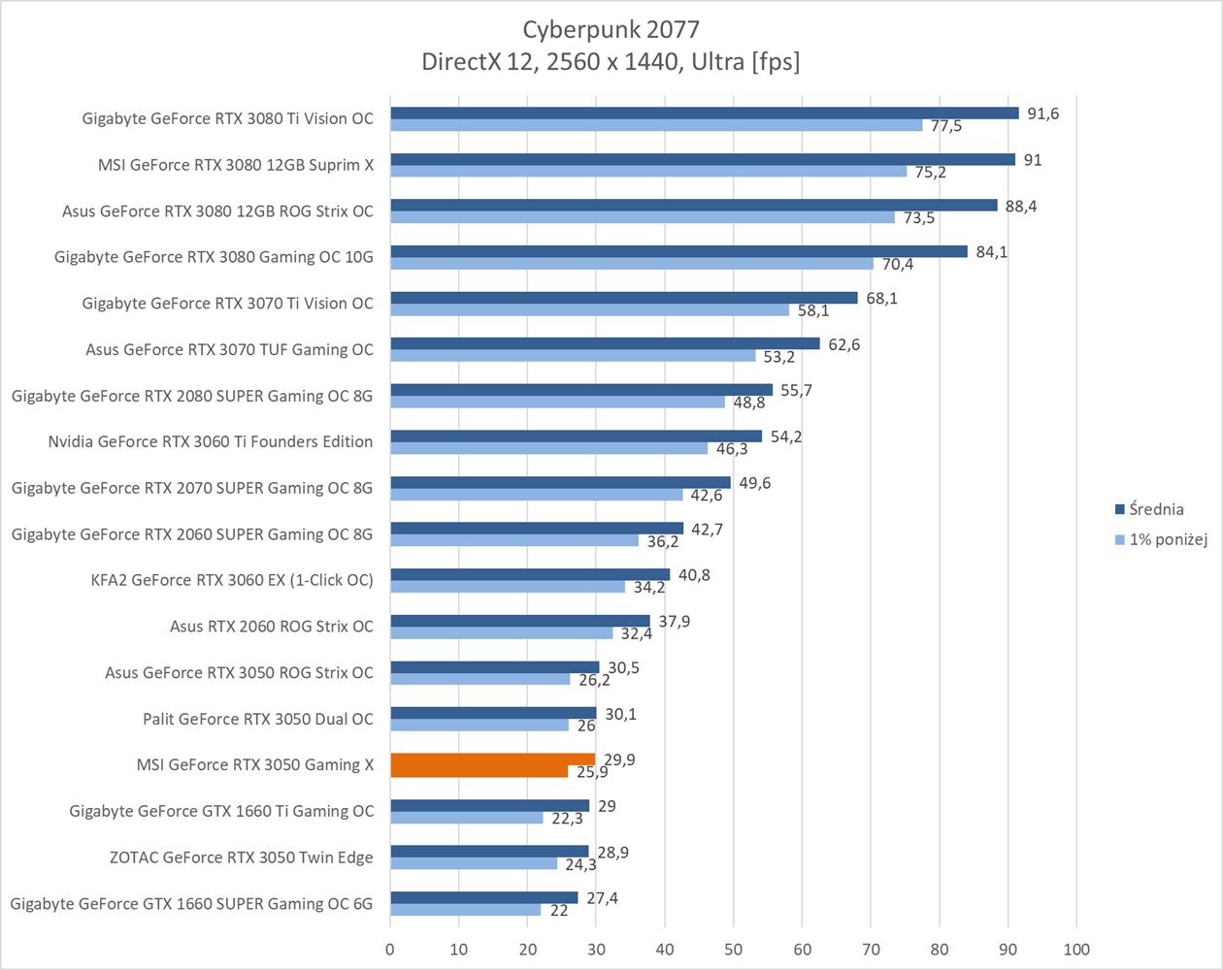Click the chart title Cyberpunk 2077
(x=611, y=29)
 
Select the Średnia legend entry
(x=1156, y=509)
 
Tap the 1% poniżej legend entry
(x=1168, y=539)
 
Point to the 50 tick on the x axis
(x=734, y=949)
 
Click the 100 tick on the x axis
(x=1076, y=949)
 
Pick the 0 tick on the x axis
(x=390, y=949)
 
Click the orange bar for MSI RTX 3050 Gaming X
(x=492, y=765)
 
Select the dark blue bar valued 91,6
(x=704, y=113)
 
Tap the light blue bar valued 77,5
(x=656, y=125)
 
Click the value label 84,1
(x=991, y=252)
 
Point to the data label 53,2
(x=778, y=357)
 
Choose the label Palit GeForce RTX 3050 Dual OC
(x=258, y=719)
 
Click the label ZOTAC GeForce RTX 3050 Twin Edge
(x=242, y=857)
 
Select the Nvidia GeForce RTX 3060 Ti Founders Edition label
(x=211, y=441)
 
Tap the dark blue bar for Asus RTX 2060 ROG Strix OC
(x=519, y=621)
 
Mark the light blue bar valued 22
(x=465, y=910)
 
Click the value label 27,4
(x=602, y=898)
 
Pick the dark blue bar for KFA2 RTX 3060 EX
(x=530, y=574)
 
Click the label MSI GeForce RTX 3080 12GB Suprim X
(x=236, y=165)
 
